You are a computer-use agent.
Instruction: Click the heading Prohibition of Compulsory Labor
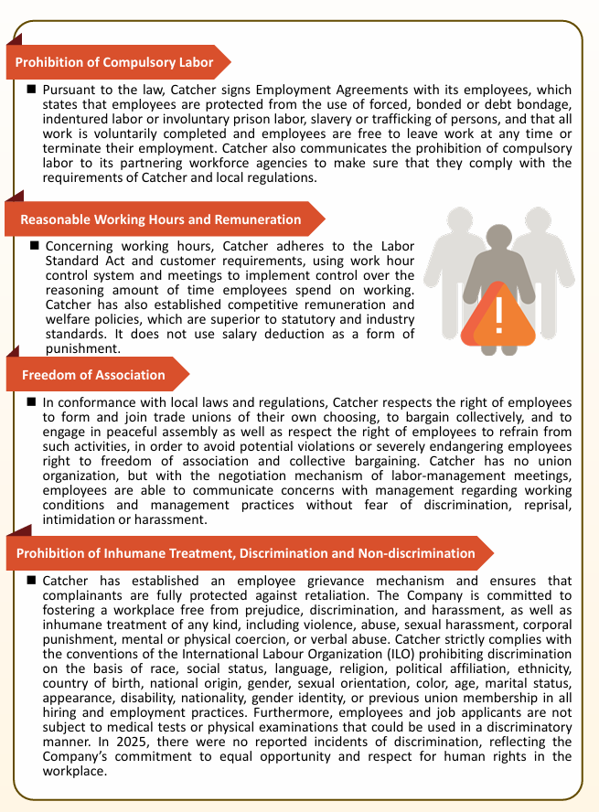(114, 63)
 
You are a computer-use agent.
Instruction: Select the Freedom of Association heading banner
(93, 375)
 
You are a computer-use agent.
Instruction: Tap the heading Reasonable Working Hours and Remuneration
(160, 219)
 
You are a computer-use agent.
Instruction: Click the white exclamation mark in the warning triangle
(497, 315)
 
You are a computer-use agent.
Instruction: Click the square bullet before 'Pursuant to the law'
(32, 91)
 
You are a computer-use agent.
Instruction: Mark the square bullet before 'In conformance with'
(32, 402)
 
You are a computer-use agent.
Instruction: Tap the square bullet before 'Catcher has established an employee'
(32, 581)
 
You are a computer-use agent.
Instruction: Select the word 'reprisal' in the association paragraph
(546, 506)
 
